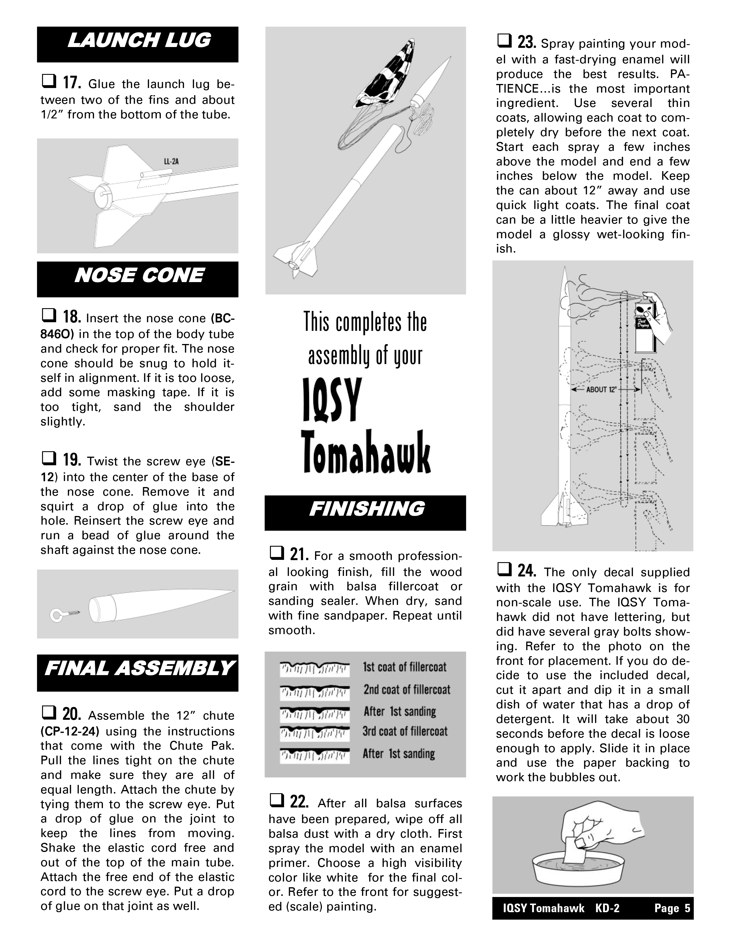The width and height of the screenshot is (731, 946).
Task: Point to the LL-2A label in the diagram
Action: point(171,162)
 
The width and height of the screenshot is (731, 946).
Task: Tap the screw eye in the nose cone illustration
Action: point(65,613)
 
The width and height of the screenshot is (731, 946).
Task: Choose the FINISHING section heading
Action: point(366,509)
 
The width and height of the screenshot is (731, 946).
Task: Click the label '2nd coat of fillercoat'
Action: point(407,689)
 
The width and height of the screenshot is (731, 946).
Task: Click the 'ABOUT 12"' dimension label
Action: point(601,389)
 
